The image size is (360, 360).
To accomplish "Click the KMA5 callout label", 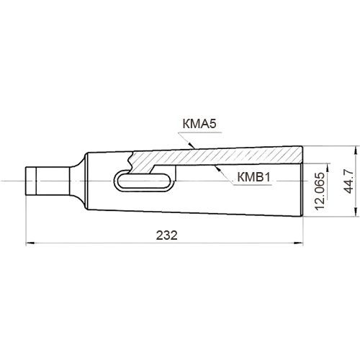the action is pyautogui.click(x=199, y=125).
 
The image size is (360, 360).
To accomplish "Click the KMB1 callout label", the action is pyautogui.click(x=253, y=177).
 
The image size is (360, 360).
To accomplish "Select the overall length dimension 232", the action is pyautogui.click(x=167, y=235).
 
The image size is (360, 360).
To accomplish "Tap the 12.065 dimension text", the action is pyautogui.click(x=320, y=192).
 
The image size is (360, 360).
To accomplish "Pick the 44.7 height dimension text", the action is pyautogui.click(x=348, y=181).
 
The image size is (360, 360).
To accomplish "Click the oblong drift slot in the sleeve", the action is pyautogui.click(x=144, y=181).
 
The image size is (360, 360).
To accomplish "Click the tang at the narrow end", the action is pyautogui.click(x=48, y=181).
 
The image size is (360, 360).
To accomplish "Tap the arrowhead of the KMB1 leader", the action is pyautogui.click(x=217, y=168).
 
